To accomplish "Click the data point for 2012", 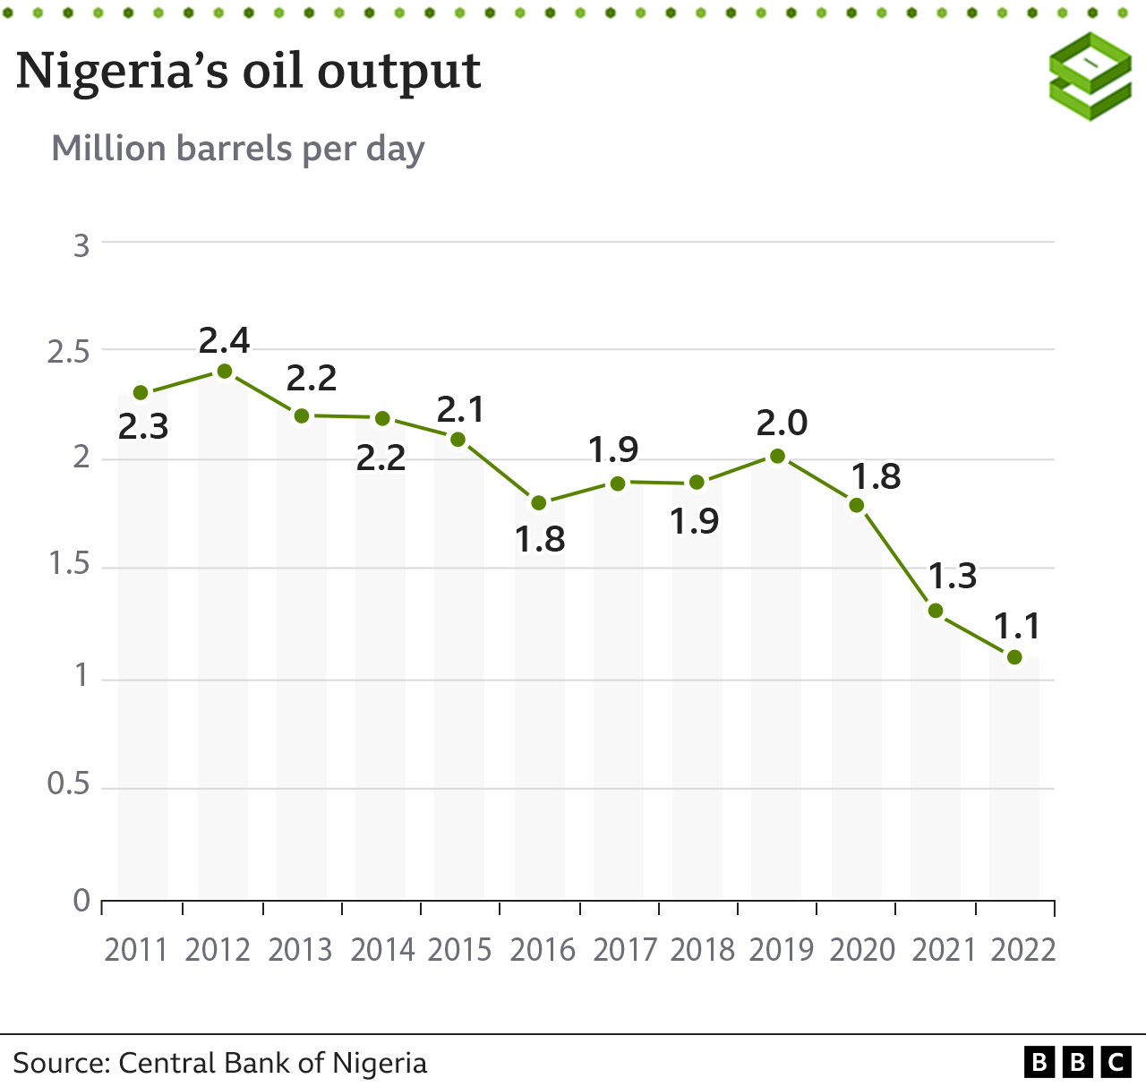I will (225, 372).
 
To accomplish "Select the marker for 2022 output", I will (1014, 657).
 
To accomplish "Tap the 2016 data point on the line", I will (538, 503).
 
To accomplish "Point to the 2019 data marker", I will (777, 457).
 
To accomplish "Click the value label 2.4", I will (224, 340).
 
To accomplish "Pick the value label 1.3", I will (952, 576).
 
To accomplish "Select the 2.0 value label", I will (782, 423).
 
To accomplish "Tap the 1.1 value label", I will (1018, 626).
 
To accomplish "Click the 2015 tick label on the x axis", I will (459, 949).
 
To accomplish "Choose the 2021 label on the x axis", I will (944, 949).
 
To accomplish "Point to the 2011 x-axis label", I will (136, 949).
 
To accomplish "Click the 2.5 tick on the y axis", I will (68, 352).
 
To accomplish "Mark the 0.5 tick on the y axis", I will (68, 785).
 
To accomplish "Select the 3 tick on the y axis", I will (81, 244).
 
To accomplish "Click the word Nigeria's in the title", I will (121, 72).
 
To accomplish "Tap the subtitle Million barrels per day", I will (237, 149).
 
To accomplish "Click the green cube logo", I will (1090, 76).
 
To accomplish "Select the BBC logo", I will (1078, 1062).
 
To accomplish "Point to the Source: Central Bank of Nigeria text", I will (219, 1063).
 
